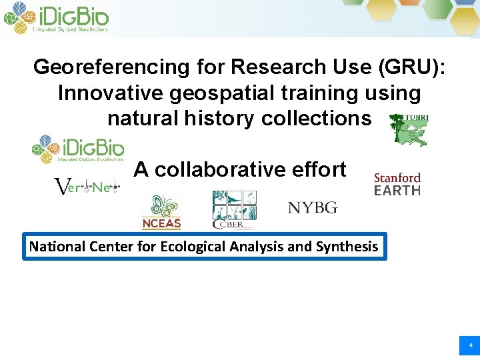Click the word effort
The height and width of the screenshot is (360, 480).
point(317,170)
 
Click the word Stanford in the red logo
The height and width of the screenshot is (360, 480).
point(397,178)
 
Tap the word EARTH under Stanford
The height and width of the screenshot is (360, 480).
point(397,191)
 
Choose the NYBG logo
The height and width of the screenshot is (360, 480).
point(313,208)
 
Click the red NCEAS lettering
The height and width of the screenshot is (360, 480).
point(161,223)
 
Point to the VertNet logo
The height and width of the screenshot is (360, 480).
point(85,188)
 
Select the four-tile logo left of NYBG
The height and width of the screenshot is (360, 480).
point(234,209)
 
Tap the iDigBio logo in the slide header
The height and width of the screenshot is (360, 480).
point(56,18)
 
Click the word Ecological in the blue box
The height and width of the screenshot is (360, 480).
point(189,247)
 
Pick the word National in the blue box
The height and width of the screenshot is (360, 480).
point(57,247)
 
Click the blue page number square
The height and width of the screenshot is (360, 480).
point(469,345)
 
